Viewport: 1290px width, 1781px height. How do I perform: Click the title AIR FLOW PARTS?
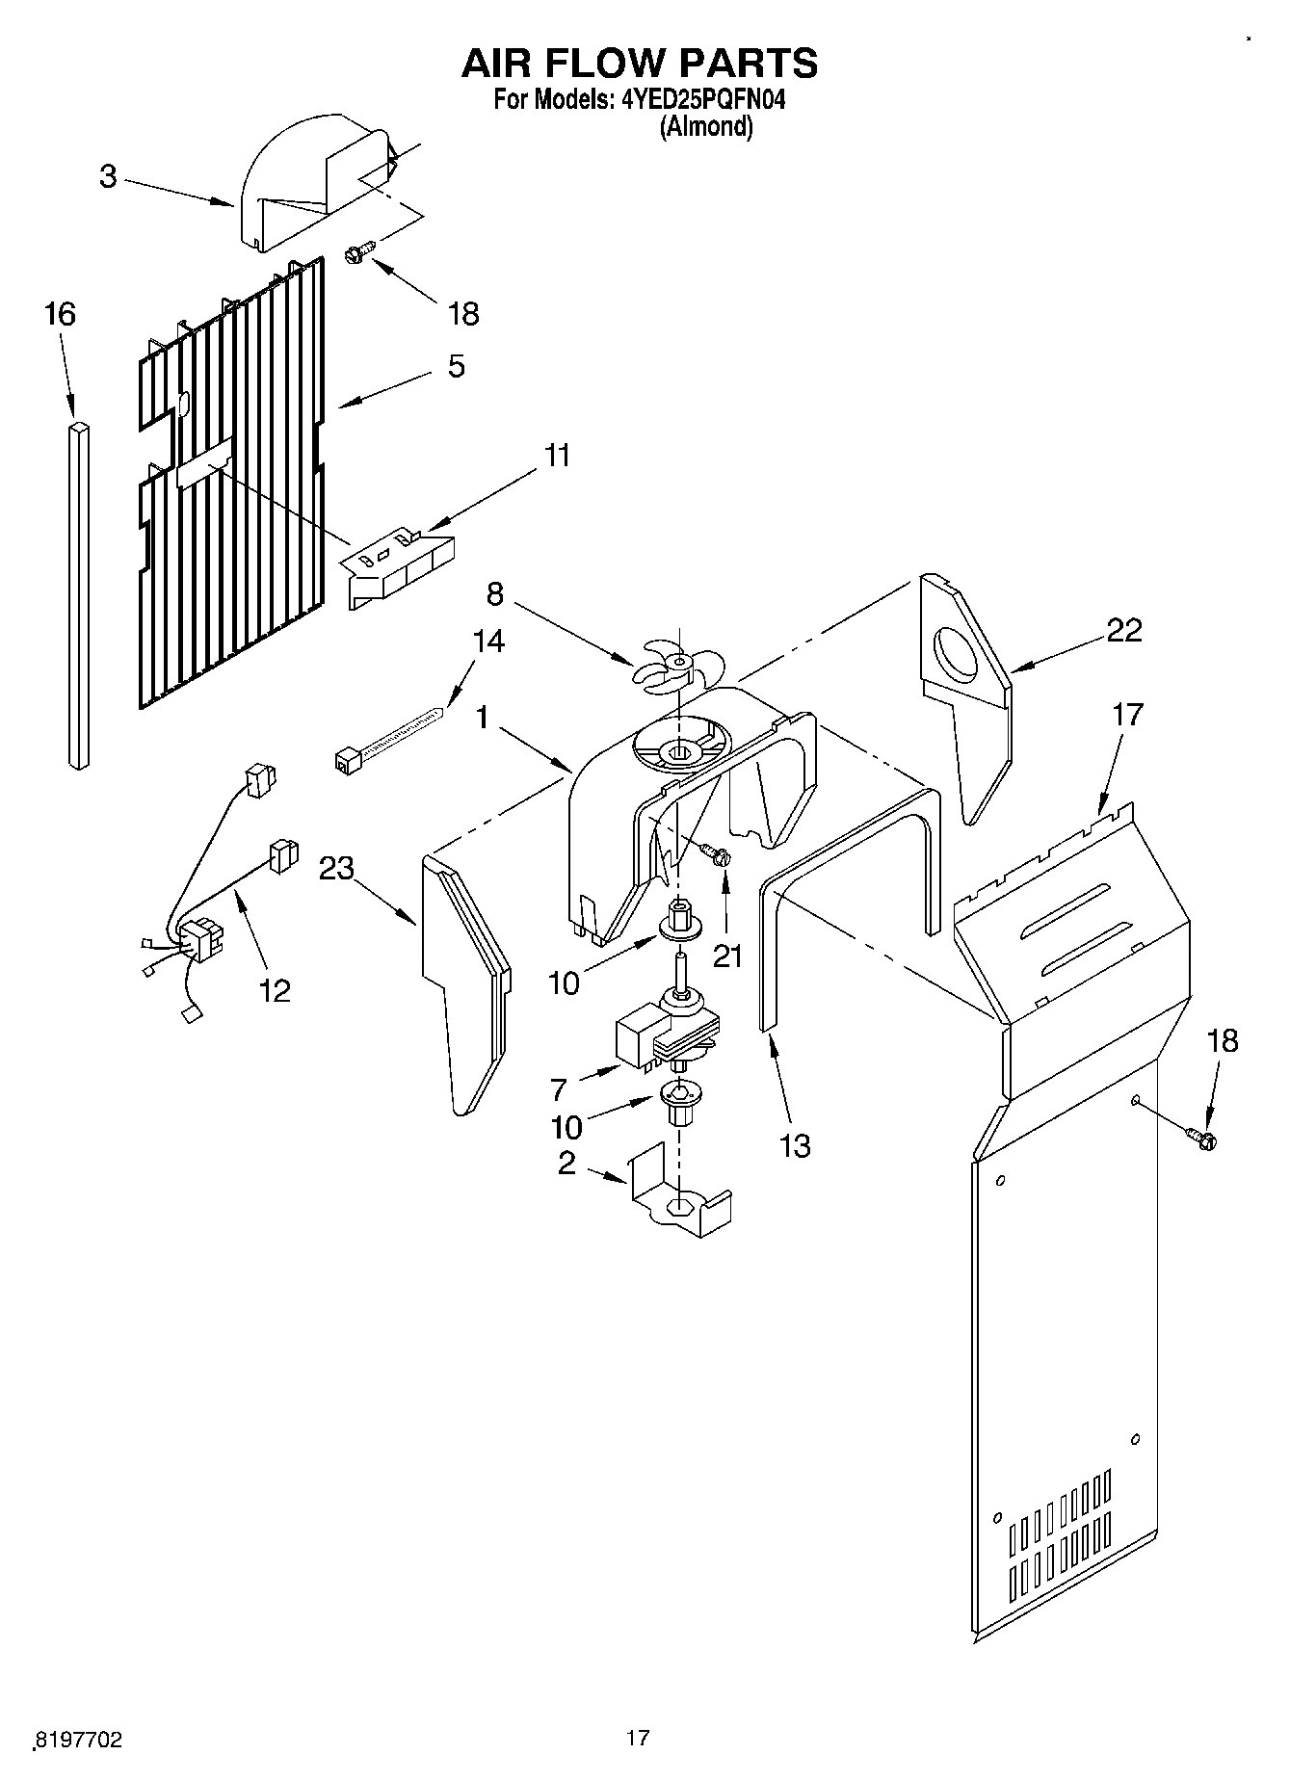640,64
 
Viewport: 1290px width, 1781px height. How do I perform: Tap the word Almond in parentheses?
705,126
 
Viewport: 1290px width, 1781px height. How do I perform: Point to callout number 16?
60,314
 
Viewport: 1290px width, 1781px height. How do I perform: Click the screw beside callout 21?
715,853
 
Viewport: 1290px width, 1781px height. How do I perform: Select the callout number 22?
1123,630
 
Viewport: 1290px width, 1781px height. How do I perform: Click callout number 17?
1127,715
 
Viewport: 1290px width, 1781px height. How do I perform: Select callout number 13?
795,1146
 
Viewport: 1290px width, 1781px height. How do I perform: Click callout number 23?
336,868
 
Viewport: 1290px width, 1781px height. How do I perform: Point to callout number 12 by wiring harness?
275,990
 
